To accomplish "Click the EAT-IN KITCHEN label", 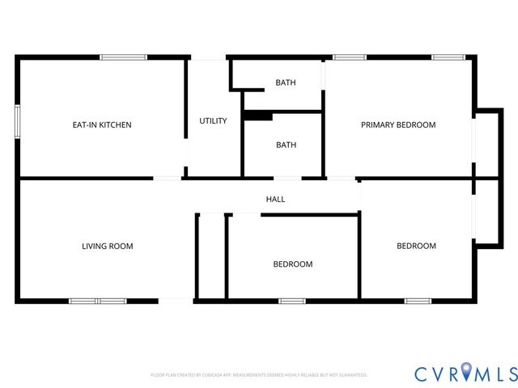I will point(102,125).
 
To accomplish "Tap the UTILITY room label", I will point(213,121).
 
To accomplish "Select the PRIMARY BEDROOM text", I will point(398,125).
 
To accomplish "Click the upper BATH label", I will point(286,82).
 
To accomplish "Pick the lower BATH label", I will point(286,145).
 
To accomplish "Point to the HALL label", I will point(275,199).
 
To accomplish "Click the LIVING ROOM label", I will point(107,247).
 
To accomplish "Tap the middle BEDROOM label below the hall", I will point(292,264).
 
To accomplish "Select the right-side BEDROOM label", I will point(416,247).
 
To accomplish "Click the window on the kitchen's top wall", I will point(123,57).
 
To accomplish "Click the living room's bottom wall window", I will point(97,301).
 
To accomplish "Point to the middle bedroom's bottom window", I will point(291,301).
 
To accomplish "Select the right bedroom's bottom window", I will point(418,301).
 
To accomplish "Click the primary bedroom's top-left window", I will point(350,57).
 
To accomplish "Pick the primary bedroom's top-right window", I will point(448,57).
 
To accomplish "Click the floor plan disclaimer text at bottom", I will point(259,375).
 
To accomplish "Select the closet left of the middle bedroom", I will point(211,257).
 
